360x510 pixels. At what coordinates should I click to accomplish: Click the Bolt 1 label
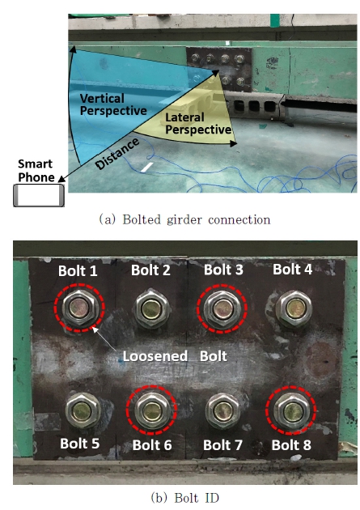(78, 271)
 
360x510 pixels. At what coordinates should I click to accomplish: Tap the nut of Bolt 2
(151, 308)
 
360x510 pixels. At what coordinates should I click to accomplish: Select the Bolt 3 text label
(223, 270)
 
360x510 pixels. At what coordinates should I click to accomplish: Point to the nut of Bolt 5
(83, 410)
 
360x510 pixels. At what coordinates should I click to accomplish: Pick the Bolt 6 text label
(152, 445)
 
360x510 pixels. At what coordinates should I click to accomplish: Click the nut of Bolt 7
(223, 410)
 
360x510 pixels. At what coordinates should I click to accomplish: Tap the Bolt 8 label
(291, 445)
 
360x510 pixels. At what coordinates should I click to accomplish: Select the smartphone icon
(39, 195)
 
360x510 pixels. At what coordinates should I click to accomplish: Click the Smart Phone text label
(36, 171)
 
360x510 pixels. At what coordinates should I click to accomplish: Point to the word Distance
(118, 154)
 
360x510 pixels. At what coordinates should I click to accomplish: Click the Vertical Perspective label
(113, 104)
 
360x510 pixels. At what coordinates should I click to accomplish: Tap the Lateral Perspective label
(198, 124)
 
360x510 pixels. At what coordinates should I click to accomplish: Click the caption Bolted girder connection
(184, 220)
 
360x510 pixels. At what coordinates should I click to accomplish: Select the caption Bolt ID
(185, 498)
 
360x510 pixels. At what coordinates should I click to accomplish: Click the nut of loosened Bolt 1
(79, 308)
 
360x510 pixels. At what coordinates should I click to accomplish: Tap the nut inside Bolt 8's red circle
(292, 412)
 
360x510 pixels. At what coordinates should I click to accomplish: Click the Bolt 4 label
(292, 270)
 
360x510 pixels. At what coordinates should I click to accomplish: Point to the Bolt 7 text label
(223, 445)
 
